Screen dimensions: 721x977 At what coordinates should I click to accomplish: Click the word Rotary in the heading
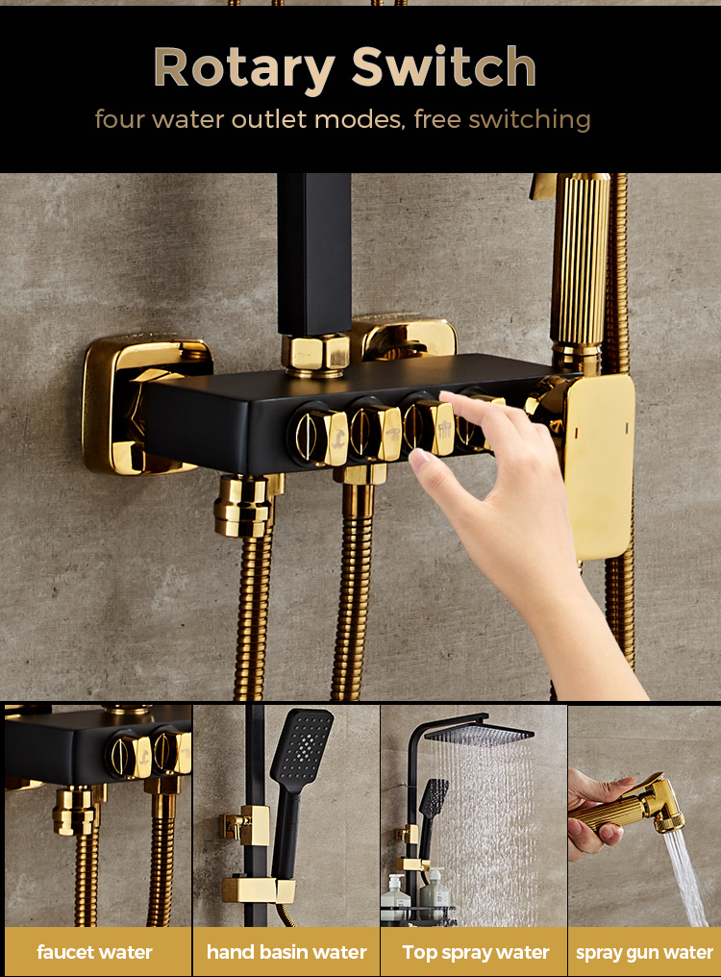(243, 68)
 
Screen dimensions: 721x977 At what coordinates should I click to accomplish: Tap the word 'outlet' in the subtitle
(269, 119)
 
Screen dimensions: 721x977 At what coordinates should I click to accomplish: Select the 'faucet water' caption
(95, 952)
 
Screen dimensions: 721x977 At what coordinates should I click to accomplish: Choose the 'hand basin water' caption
(286, 952)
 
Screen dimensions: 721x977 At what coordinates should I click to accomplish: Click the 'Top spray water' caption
(476, 953)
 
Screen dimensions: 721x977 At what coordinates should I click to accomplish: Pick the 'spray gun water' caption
(644, 953)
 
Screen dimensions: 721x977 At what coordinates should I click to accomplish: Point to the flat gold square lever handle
(598, 467)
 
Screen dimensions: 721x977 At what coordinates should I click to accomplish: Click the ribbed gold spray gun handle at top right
(579, 262)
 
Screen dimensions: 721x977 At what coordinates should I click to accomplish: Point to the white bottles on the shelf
(414, 895)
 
